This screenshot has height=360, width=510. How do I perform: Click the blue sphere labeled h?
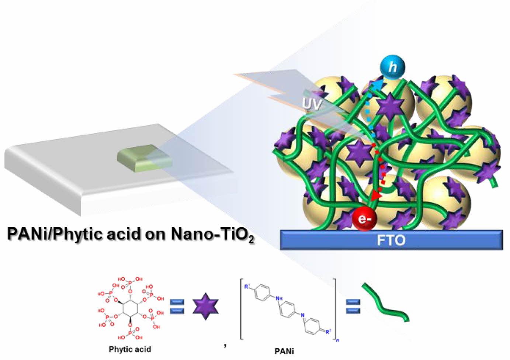[x=392, y=67]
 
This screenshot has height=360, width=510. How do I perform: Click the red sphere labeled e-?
[x=364, y=219]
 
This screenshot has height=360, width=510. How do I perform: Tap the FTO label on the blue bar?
[x=391, y=240]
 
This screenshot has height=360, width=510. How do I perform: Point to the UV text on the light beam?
[x=312, y=104]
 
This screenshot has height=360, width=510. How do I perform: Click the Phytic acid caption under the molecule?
[x=130, y=349]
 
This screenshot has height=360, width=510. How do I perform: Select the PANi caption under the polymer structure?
[x=284, y=351]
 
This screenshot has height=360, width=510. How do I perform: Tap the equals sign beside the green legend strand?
[x=353, y=307]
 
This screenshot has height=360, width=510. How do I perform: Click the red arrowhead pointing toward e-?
[x=376, y=195]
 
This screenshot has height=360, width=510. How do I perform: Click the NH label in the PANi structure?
[x=279, y=298]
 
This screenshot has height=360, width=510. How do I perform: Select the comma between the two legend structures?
[x=225, y=345]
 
